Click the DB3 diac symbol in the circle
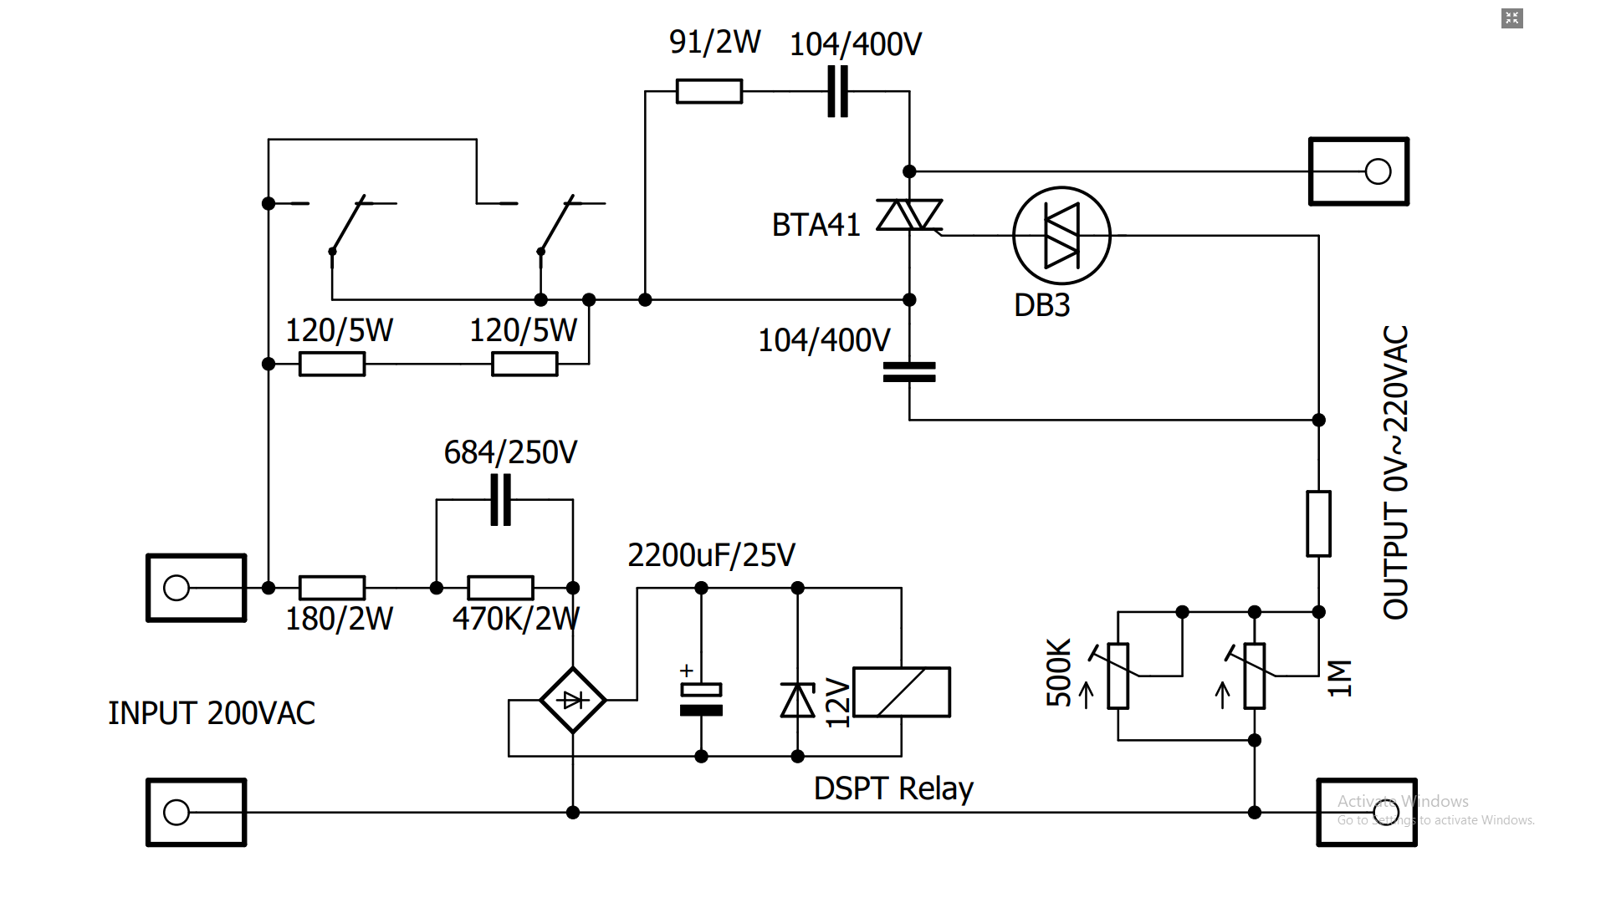coord(1061,236)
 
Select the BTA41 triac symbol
coord(909,215)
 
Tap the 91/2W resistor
coord(709,91)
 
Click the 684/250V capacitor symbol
coord(501,499)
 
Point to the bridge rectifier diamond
coord(573,700)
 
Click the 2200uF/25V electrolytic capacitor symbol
coord(701,699)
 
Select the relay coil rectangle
coord(902,691)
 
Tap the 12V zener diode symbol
coord(798,700)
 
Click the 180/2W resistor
coord(332,588)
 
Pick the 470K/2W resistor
coord(500,588)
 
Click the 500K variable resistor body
coord(1118,676)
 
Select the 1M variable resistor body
coord(1255,676)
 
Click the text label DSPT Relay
coord(893,788)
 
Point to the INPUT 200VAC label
coord(212,713)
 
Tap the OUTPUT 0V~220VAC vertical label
coord(1395,472)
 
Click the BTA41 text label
coord(816,225)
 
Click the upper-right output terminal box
coord(1359,171)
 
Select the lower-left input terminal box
coord(197,813)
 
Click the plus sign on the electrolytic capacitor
coord(687,671)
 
